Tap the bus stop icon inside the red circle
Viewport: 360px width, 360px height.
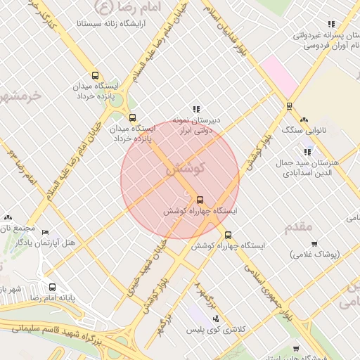200,200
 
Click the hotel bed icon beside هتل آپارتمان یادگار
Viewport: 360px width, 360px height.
46,233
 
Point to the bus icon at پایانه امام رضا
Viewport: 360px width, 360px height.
53,287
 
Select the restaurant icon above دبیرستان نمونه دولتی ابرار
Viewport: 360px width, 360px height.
196,109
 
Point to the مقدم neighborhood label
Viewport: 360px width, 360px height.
297,227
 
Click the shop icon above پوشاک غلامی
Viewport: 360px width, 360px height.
314,243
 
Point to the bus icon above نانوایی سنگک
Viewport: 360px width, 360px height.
289,106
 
